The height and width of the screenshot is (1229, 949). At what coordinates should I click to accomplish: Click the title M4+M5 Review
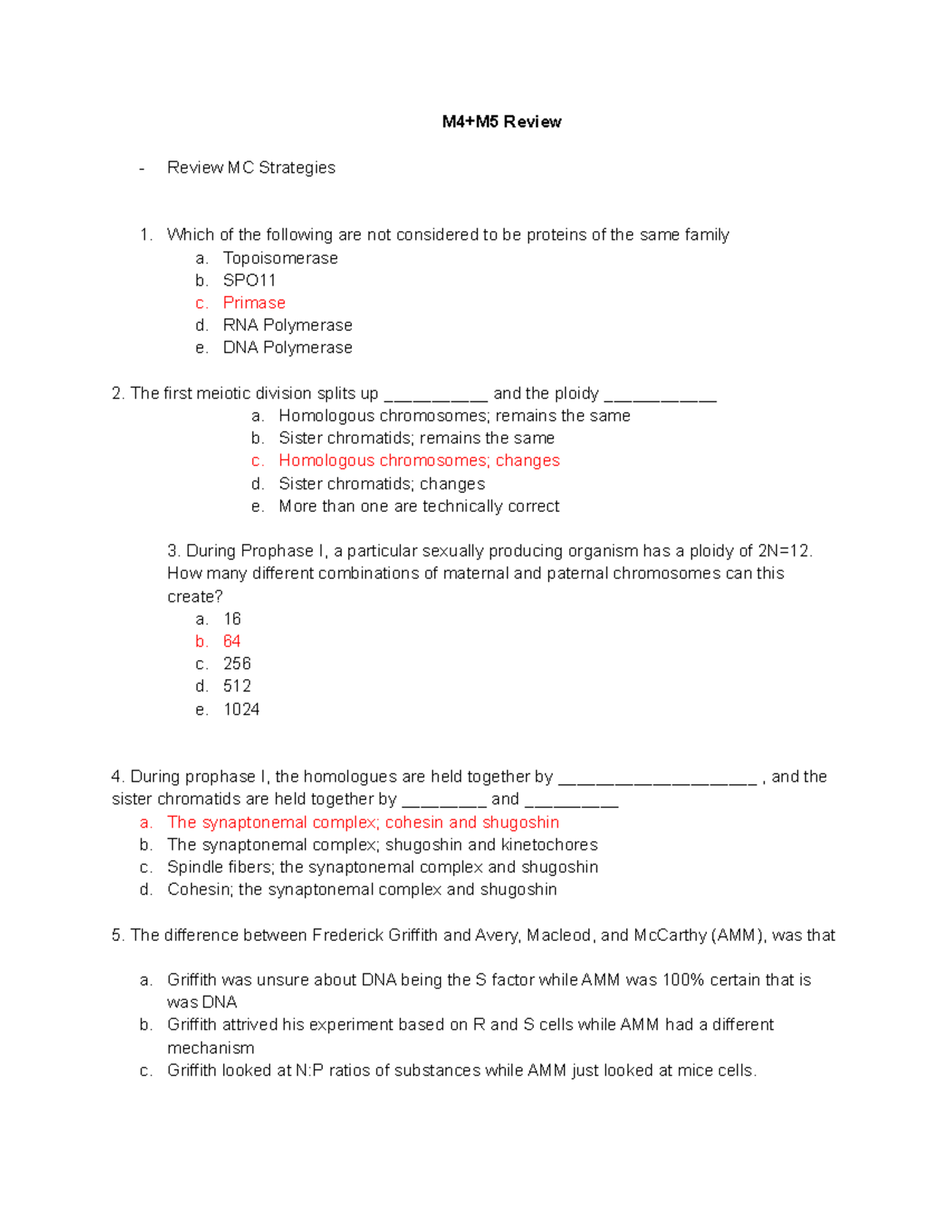tap(501, 122)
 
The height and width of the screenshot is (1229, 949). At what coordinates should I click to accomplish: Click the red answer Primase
tap(254, 303)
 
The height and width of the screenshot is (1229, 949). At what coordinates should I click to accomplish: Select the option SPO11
tap(249, 280)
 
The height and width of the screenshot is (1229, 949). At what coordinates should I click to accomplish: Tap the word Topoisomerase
tap(280, 258)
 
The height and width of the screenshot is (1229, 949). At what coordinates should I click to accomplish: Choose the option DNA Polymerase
tap(287, 347)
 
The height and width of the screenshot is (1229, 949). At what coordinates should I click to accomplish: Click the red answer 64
tap(232, 641)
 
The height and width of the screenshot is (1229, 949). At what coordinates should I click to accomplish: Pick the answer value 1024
tap(241, 709)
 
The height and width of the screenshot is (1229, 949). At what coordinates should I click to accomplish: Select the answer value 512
tap(237, 686)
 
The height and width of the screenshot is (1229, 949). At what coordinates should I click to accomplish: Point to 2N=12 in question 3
tap(784, 551)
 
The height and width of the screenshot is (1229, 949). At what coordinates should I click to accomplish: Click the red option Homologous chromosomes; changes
tap(418, 461)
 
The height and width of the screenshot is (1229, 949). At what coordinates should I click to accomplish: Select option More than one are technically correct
tap(418, 506)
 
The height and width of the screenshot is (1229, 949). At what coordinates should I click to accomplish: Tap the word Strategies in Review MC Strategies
tap(297, 168)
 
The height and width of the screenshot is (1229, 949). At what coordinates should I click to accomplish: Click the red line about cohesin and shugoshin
tap(363, 822)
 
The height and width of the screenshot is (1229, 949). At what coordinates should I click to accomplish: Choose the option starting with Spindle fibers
tap(382, 867)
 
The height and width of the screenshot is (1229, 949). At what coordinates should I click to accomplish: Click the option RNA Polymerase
tap(287, 325)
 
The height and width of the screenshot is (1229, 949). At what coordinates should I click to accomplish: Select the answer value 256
tap(237, 664)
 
